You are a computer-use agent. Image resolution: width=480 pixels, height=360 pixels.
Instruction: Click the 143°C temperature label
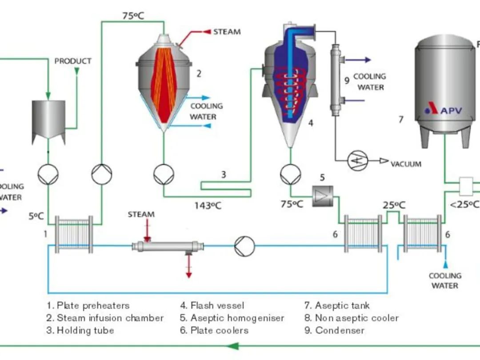point(208,205)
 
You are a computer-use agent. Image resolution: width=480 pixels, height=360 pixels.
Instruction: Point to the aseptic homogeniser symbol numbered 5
point(322,196)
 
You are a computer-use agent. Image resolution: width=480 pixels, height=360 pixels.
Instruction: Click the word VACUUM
point(406,164)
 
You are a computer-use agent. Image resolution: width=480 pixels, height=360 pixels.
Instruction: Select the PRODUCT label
point(73,61)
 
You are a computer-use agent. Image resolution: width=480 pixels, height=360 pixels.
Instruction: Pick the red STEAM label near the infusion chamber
point(227,32)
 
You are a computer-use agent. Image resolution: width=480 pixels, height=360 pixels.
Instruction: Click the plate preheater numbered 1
point(74,234)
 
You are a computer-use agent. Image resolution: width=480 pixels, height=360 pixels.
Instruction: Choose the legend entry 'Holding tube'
point(80,330)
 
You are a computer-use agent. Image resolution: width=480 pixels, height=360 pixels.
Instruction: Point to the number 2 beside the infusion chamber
point(199,74)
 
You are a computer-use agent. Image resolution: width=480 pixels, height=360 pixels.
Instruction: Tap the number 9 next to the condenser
point(347,80)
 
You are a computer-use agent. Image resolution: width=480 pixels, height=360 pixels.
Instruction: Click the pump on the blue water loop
point(244,245)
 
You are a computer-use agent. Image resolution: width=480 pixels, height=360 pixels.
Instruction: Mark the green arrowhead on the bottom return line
point(233,346)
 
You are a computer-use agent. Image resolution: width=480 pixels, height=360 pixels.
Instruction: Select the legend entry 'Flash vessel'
point(212,305)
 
